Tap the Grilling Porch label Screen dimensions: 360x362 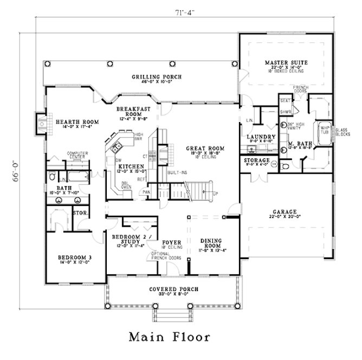pyautogui.click(x=148, y=76)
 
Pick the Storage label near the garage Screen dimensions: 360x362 pyautogui.click(x=257, y=161)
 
